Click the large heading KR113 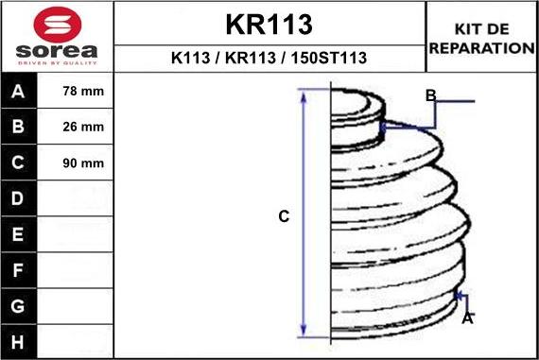click(269, 24)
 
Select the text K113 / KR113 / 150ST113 click(269, 58)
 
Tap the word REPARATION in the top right click(482, 47)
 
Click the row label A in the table click(19, 93)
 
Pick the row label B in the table click(19, 128)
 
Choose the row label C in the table click(19, 163)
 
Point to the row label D click(19, 198)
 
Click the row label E click(19, 233)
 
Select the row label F click(19, 269)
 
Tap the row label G click(19, 305)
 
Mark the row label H click(19, 340)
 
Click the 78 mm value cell click(83, 93)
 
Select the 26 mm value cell click(83, 128)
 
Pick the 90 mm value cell click(83, 163)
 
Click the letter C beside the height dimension click(283, 217)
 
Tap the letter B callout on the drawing click(430, 95)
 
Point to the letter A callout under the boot click(467, 318)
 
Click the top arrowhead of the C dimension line click(304, 94)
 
